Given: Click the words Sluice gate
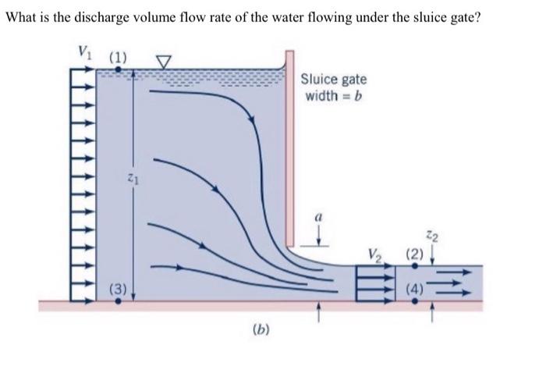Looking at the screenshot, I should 333,80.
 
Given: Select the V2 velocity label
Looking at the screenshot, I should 378,254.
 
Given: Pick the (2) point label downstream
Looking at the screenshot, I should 415,254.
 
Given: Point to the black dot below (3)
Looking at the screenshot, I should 118,301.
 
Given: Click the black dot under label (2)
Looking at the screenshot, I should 414,267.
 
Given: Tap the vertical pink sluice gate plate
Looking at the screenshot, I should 289,148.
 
